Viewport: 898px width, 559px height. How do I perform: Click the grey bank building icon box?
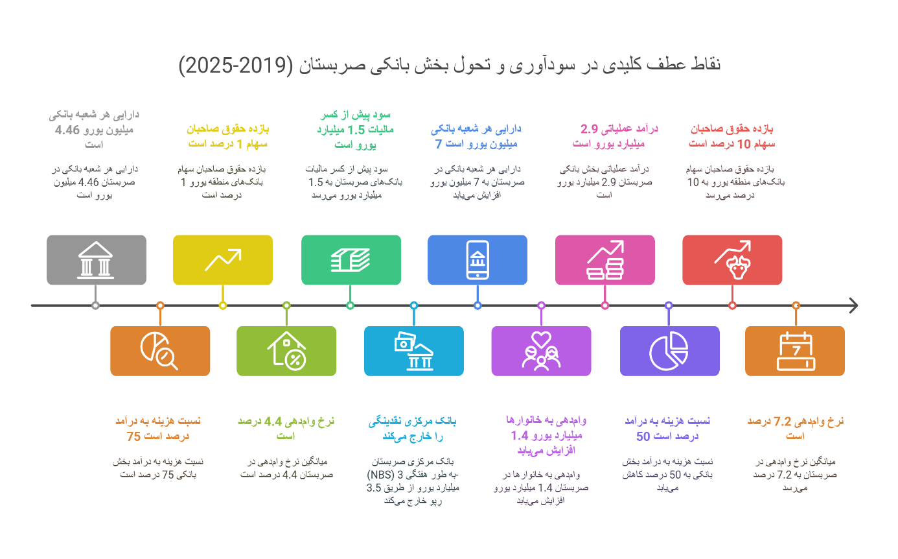[x=96, y=259]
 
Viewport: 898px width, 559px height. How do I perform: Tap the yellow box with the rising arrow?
[x=223, y=259]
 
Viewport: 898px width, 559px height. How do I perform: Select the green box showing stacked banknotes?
[x=351, y=259]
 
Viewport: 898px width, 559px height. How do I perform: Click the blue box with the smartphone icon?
[x=478, y=259]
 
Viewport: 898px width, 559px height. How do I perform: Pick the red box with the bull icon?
[x=732, y=259]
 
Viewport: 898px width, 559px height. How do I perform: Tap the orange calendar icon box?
[x=795, y=351]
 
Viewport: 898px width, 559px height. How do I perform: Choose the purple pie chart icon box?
[x=670, y=351]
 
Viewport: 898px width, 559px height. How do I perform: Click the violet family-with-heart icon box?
[x=541, y=351]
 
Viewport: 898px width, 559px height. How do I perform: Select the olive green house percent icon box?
[x=286, y=351]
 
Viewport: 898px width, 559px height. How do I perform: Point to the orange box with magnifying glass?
[x=160, y=351]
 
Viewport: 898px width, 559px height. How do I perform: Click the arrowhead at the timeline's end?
[x=855, y=305]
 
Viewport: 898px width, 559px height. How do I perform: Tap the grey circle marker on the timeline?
[x=95, y=306]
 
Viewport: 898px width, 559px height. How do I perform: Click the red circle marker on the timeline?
[x=732, y=306]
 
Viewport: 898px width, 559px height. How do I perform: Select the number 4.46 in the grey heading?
[x=67, y=130]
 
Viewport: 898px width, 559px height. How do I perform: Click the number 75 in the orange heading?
[x=133, y=436]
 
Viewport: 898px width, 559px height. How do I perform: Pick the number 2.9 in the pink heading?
[x=590, y=129]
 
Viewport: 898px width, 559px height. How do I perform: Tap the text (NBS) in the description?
[x=380, y=475]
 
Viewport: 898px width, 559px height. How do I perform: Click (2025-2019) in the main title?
[x=236, y=65]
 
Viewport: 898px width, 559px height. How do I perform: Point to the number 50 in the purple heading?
[x=643, y=436]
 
